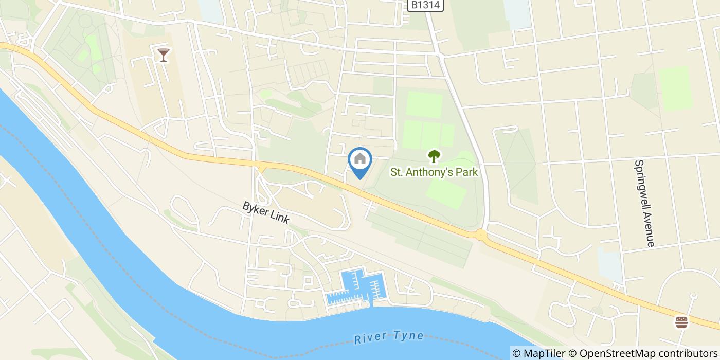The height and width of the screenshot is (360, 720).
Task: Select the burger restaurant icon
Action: tap(681, 322)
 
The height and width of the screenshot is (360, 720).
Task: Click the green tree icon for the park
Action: tap(435, 156)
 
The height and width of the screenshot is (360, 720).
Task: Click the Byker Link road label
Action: tap(266, 212)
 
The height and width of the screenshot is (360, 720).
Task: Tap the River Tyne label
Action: tap(389, 337)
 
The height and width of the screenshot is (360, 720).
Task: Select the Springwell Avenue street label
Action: tap(644, 203)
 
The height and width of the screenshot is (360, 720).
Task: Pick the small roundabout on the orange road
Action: tap(481, 235)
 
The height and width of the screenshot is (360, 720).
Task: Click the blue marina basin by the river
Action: tap(357, 286)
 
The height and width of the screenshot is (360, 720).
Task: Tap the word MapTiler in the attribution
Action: tap(544, 353)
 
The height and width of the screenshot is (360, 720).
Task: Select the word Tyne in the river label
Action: tap(407, 336)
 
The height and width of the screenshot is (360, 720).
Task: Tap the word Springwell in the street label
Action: tap(641, 184)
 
